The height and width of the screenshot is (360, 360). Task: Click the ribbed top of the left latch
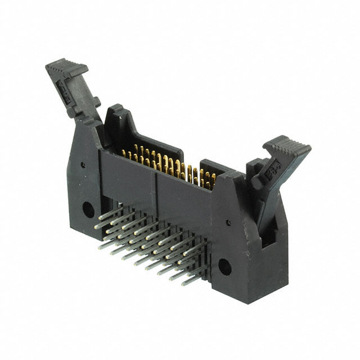coord(66,69)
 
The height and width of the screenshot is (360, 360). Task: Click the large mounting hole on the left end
coord(88,209)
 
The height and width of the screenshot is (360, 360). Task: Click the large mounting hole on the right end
coord(225,267)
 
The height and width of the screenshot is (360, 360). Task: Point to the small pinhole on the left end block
coord(82,165)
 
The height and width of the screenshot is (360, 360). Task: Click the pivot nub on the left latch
coord(97,102)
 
